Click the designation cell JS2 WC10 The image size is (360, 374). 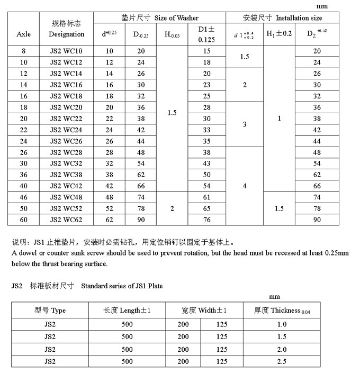[66, 51]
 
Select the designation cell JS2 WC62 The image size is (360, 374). [66, 220]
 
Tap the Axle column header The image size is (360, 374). [24, 34]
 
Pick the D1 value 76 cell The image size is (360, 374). [206, 220]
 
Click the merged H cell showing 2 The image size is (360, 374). [172, 208]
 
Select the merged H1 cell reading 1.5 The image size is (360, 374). [279, 208]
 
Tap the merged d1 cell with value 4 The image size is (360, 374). [244, 186]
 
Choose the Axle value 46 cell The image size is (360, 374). [24, 197]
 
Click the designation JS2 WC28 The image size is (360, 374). [66, 152]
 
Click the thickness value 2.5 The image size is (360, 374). [281, 362]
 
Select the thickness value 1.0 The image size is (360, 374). [281, 323]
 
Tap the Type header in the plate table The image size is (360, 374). [50, 311]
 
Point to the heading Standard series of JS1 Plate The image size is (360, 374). [122, 286]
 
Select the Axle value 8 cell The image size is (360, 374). [24, 51]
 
